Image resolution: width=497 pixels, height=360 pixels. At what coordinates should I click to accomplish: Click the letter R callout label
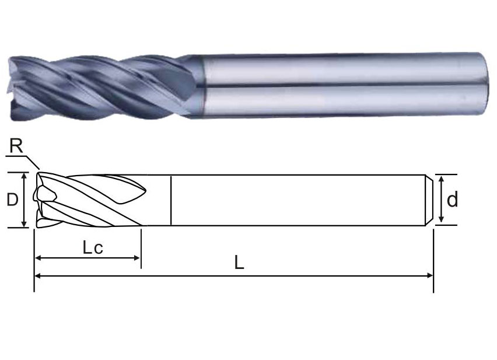coord(16,146)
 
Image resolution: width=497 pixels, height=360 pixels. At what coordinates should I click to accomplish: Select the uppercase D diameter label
coord(12,200)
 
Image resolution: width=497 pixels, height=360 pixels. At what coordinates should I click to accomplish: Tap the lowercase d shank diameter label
coord(452,200)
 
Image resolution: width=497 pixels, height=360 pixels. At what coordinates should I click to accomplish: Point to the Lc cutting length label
coord(93,247)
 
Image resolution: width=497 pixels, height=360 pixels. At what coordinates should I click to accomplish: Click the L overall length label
coord(239,263)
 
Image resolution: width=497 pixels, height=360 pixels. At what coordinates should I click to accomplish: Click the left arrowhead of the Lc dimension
coord(38,258)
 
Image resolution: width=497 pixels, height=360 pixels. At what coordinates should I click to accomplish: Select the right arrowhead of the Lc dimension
coord(136,258)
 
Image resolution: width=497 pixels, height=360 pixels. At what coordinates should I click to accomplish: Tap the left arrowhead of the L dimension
coord(38,276)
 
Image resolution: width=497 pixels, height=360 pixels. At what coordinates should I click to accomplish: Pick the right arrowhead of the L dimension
coord(430,276)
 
